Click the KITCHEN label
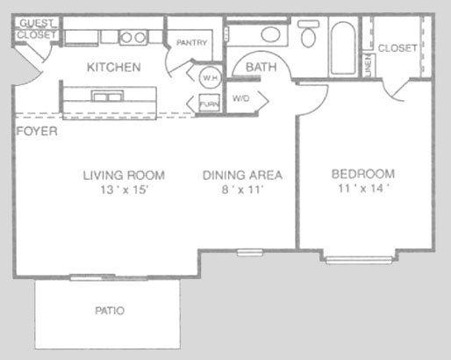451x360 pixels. pyautogui.click(x=114, y=68)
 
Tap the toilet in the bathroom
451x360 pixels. pyautogui.click(x=308, y=33)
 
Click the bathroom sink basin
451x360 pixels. pyautogui.click(x=271, y=34)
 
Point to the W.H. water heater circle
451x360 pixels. pyautogui.click(x=210, y=78)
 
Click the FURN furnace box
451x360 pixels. pyautogui.click(x=209, y=103)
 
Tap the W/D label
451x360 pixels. pyautogui.click(x=241, y=98)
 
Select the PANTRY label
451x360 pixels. pyautogui.click(x=191, y=43)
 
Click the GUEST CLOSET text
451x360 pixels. pyautogui.click(x=37, y=29)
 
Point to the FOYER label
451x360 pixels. pyautogui.click(x=37, y=131)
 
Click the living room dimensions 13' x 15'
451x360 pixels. pyautogui.click(x=125, y=190)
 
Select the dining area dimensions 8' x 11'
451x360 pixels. pyautogui.click(x=242, y=190)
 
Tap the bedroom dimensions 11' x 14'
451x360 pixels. pyautogui.click(x=363, y=188)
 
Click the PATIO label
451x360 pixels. pyautogui.click(x=110, y=311)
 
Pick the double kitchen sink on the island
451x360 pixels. pyautogui.click(x=107, y=96)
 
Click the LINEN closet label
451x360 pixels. pyautogui.click(x=369, y=65)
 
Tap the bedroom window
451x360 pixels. pyautogui.click(x=359, y=260)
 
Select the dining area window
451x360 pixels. pyautogui.click(x=249, y=252)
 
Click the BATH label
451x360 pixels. pyautogui.click(x=261, y=68)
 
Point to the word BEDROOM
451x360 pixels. pyautogui.click(x=363, y=174)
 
